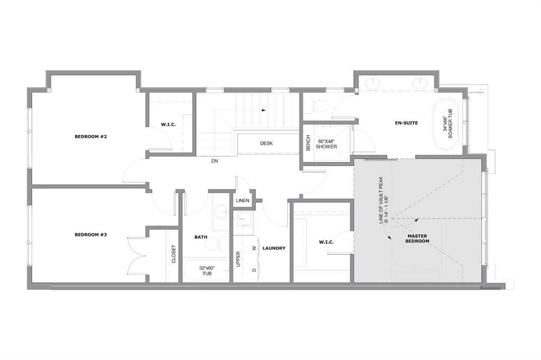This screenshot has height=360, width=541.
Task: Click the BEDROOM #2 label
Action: click(x=91, y=137)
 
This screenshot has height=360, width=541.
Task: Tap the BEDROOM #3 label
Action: click(x=91, y=235)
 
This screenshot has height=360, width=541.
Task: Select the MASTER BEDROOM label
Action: click(x=417, y=239)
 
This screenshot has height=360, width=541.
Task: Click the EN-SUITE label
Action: click(x=406, y=123)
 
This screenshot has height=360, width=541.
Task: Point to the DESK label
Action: click(x=266, y=143)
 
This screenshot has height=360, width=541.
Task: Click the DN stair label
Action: click(x=214, y=161)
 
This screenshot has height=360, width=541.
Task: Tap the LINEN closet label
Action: click(x=242, y=201)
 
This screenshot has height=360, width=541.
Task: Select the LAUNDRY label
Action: click(x=274, y=248)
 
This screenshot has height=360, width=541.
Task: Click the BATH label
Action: click(x=201, y=237)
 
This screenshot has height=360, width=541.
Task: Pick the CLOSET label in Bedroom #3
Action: click(x=173, y=254)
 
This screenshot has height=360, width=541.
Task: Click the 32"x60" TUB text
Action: click(x=207, y=271)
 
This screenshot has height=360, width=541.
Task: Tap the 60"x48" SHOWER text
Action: click(x=327, y=144)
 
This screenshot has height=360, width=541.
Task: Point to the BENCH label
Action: click(x=308, y=143)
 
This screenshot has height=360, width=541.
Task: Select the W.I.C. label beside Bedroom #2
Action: click(x=169, y=125)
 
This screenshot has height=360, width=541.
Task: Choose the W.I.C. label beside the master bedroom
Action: click(x=327, y=242)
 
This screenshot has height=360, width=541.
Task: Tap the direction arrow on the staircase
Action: click(x=264, y=110)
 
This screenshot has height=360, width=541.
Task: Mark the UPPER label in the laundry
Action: click(x=238, y=259)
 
